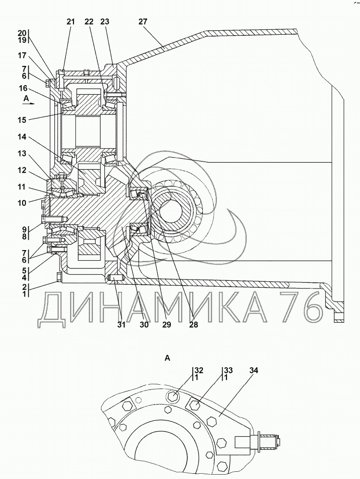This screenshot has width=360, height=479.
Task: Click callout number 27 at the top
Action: click(x=143, y=22)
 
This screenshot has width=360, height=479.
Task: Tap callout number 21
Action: click(x=71, y=22)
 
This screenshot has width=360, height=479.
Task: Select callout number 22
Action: click(x=89, y=22)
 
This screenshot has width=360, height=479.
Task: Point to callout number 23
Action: click(x=104, y=22)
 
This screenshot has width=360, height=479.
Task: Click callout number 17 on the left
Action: click(x=22, y=56)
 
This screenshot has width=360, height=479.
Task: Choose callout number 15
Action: click(x=22, y=120)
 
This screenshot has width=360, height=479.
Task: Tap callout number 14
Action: click(x=22, y=137)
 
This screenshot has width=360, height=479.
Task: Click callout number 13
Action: click(x=22, y=154)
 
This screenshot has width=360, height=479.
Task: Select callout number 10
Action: click(x=22, y=202)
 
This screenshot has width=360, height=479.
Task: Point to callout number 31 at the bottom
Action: click(x=121, y=325)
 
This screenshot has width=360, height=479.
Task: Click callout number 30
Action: click(x=144, y=325)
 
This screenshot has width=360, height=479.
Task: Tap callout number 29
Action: click(x=166, y=325)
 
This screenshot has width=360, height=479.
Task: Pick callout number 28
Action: click(x=194, y=325)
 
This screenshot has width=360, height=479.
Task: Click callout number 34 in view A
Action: click(x=253, y=371)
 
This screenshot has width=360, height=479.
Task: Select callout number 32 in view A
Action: click(x=199, y=371)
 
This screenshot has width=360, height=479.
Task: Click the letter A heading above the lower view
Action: click(x=167, y=358)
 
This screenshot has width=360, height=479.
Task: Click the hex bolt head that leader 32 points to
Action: click(x=173, y=397)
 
